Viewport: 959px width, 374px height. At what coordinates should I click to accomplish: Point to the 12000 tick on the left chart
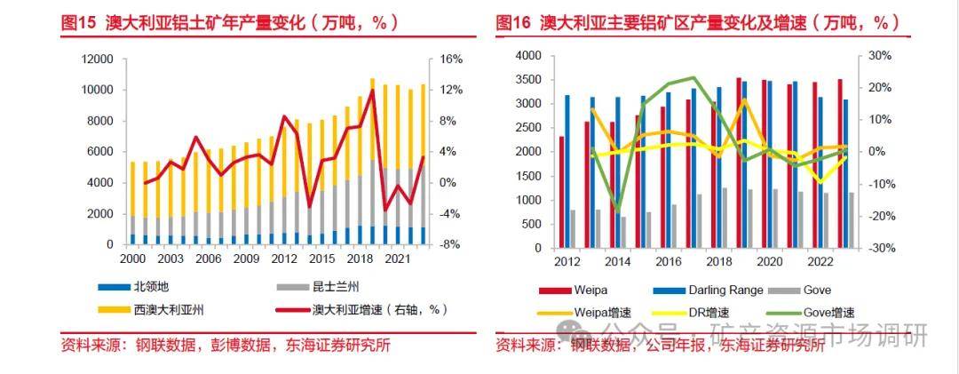(x=97, y=60)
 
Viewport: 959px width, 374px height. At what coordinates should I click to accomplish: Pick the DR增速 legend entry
(x=706, y=312)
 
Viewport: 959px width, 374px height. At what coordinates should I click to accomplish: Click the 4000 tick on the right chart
(x=528, y=56)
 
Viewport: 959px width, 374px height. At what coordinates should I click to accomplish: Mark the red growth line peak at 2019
(x=372, y=91)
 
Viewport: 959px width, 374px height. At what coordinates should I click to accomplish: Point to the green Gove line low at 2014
(x=617, y=211)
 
